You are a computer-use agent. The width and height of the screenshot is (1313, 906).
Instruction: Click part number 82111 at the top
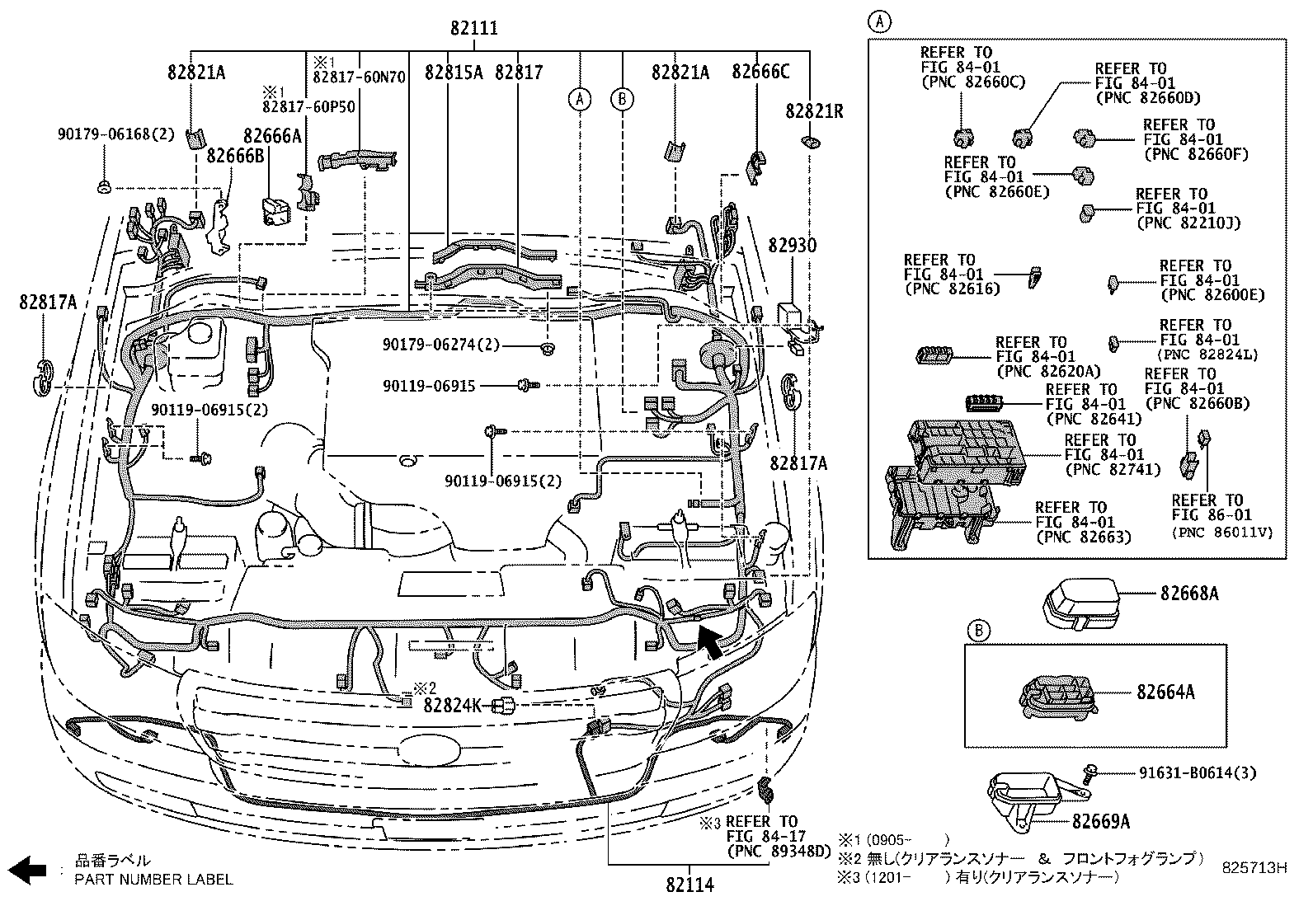(x=473, y=29)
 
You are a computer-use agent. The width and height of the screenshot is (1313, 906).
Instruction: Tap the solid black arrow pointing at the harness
(x=708, y=640)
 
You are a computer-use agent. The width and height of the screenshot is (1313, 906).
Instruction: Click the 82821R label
(x=814, y=110)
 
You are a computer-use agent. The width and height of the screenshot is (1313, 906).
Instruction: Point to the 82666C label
(x=760, y=72)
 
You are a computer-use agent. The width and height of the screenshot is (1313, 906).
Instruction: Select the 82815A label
(x=454, y=72)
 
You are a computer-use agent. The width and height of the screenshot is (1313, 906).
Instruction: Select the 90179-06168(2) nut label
(x=116, y=133)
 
